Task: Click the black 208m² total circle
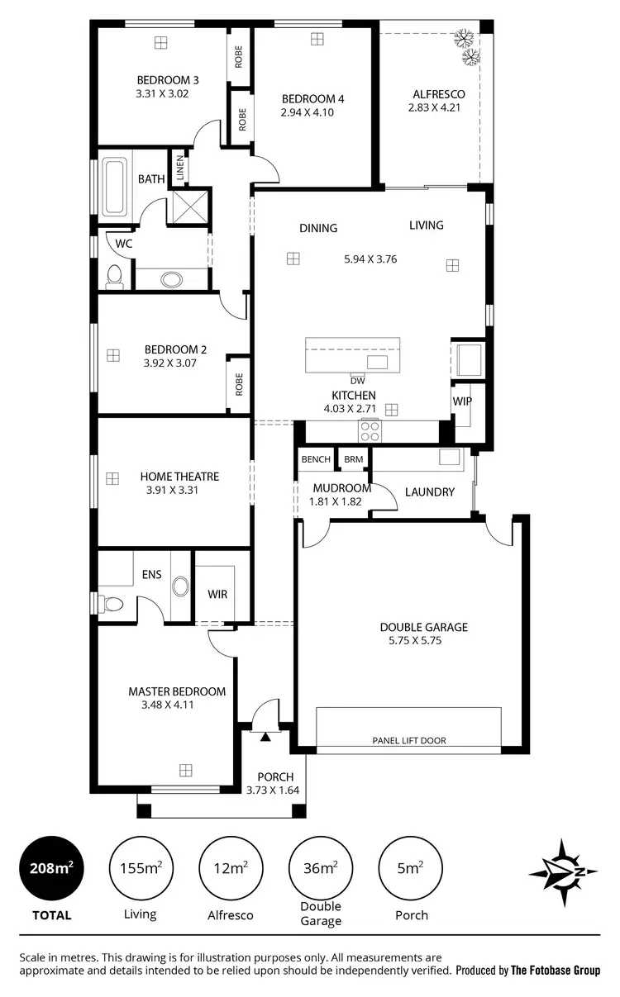point(51,868)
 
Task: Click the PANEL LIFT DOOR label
point(408,741)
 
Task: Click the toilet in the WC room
point(114,276)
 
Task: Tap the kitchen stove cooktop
point(370,430)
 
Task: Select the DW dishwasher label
point(357,381)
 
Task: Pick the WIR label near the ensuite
point(217,594)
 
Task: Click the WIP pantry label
point(461,401)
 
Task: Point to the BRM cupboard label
point(354,459)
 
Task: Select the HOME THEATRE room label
point(179,477)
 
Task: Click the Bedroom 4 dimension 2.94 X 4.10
point(307,112)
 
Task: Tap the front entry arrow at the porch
point(265,734)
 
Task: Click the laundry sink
point(449,457)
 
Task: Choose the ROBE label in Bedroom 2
point(239,385)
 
